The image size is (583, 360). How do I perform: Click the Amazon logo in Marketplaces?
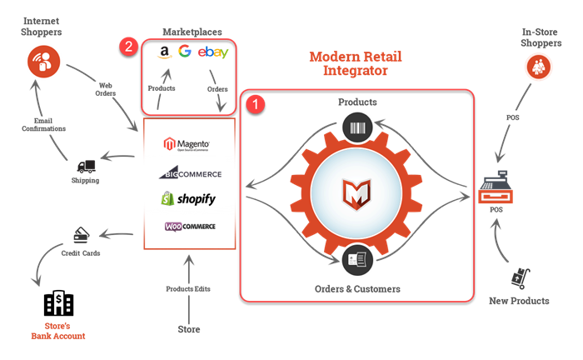click(164, 52)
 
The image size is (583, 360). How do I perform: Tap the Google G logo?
click(185, 51)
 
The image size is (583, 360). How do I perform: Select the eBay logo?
click(213, 52)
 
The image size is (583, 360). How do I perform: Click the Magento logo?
click(187, 144)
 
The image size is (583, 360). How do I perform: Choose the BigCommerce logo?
click(191, 173)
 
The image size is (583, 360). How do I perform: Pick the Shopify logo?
click(188, 198)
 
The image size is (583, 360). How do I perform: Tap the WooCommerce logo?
click(190, 227)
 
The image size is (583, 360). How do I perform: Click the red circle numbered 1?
click(256, 104)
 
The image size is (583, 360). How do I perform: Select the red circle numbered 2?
click(128, 47)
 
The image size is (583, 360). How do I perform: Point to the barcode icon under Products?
click(357, 128)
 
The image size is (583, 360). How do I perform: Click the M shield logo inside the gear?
click(356, 194)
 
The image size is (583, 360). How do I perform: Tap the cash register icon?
click(496, 187)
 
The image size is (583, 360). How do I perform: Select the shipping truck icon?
click(87, 167)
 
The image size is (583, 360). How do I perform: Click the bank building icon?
click(59, 302)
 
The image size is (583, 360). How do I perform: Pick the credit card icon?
click(82, 235)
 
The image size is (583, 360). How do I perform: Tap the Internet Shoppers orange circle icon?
click(44, 62)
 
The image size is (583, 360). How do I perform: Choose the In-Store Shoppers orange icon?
click(538, 67)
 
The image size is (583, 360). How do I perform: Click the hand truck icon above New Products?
click(521, 278)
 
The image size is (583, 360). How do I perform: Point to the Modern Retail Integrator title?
click(356, 63)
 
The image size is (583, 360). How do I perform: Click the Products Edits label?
click(188, 289)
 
